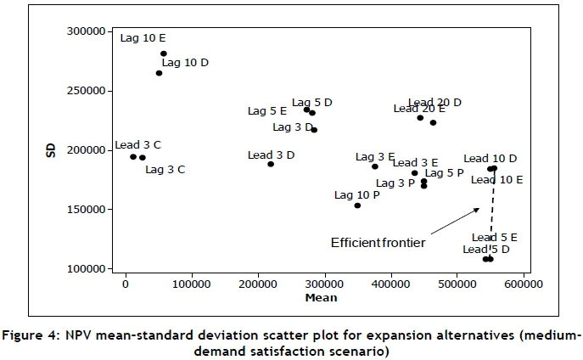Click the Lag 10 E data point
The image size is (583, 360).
(164, 53)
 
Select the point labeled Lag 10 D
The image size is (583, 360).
(159, 73)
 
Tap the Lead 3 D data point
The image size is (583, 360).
(271, 164)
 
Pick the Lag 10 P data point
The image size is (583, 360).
(357, 205)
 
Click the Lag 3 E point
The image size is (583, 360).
(375, 166)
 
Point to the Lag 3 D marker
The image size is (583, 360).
(314, 130)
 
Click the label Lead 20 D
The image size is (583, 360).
(434, 102)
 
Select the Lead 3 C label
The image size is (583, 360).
(137, 145)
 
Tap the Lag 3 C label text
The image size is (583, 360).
(165, 169)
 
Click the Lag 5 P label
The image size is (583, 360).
(444, 172)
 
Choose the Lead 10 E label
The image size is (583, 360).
(496, 180)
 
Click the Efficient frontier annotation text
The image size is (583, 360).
(378, 243)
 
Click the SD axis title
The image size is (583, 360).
(52, 150)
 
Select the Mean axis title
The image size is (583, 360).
(322, 297)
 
